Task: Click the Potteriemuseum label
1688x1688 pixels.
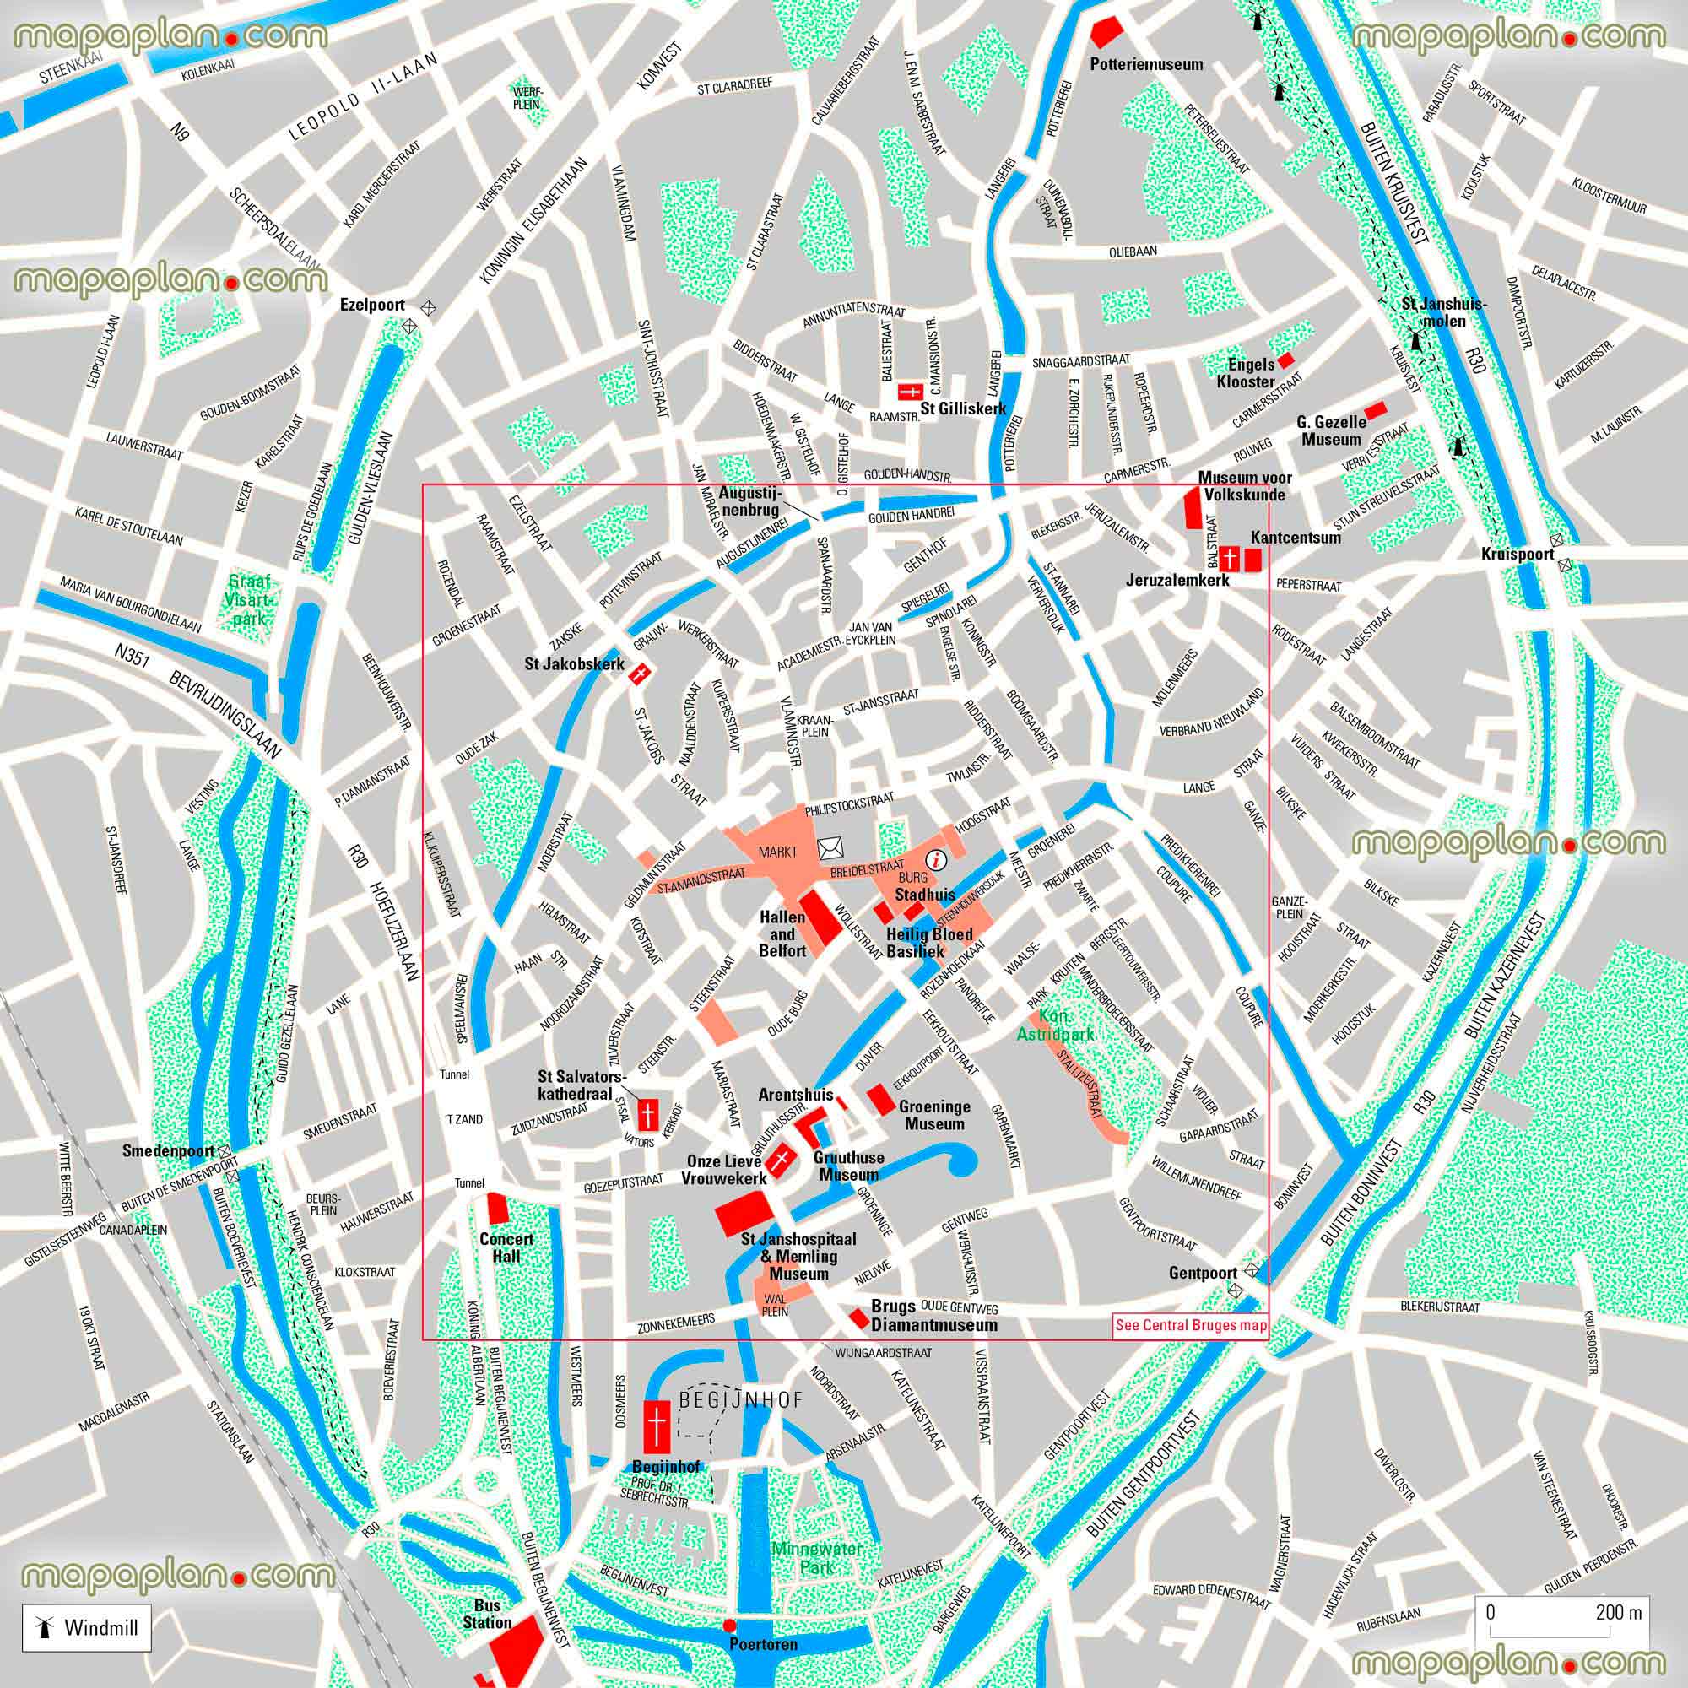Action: click(1146, 64)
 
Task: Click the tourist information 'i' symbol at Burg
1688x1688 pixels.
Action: click(938, 859)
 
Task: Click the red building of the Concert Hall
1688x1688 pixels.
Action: click(498, 1209)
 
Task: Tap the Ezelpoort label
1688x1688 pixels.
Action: click(372, 305)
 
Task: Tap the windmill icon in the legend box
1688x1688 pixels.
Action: click(41, 1627)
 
